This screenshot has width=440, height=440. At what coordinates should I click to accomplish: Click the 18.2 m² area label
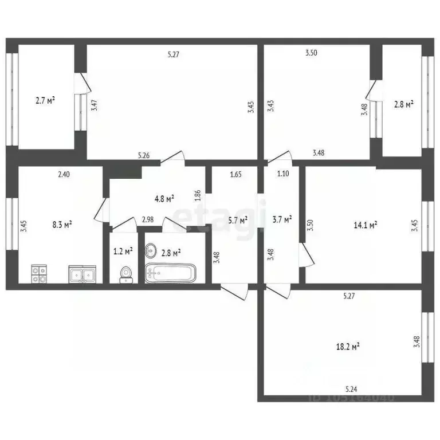(348, 346)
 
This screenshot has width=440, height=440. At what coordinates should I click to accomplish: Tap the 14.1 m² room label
(365, 225)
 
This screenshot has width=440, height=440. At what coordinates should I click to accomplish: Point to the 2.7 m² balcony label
(45, 101)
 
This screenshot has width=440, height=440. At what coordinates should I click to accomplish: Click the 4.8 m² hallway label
(165, 198)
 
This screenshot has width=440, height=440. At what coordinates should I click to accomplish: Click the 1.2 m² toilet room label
(123, 250)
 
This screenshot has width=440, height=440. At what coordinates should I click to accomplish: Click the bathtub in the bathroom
(171, 273)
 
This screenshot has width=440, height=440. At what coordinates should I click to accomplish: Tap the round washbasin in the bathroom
(152, 250)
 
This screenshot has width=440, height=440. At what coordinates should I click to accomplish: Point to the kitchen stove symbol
(38, 274)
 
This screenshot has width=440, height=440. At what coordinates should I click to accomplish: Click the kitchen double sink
(82, 274)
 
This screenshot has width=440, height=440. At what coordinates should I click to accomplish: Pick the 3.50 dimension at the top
(311, 53)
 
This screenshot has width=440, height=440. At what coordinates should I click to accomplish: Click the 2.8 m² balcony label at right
(404, 105)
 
